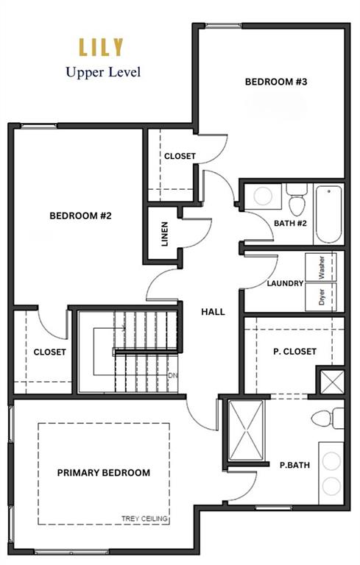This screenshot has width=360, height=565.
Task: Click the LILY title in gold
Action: click(102, 48)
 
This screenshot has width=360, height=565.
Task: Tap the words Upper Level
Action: click(103, 72)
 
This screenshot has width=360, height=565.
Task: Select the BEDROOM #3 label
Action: click(276, 82)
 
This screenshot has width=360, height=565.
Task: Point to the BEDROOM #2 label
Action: click(80, 216)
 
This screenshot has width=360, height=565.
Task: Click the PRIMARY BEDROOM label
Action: click(104, 473)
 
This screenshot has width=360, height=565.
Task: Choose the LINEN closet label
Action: click(165, 234)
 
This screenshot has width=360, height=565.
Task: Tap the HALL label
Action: click(213, 312)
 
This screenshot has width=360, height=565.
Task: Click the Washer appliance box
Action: click(321, 267)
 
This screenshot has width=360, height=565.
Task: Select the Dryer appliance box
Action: click(321, 296)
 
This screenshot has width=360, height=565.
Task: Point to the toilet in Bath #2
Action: click(297, 199)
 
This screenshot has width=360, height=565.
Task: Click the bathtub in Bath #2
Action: click(328, 214)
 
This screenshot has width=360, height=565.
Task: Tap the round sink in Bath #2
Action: click(263, 196)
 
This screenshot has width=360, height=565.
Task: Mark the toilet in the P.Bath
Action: click(328, 419)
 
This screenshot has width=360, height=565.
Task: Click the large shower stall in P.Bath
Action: click(247, 430)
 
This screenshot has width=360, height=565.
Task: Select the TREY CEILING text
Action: click(144, 519)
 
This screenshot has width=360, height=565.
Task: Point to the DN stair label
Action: click(172, 375)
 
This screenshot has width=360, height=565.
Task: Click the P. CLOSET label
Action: click(294, 352)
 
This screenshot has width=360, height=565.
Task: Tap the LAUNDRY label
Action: click(285, 283)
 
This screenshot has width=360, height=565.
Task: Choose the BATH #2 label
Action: click(290, 224)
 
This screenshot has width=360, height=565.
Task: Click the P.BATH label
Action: click(294, 465)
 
